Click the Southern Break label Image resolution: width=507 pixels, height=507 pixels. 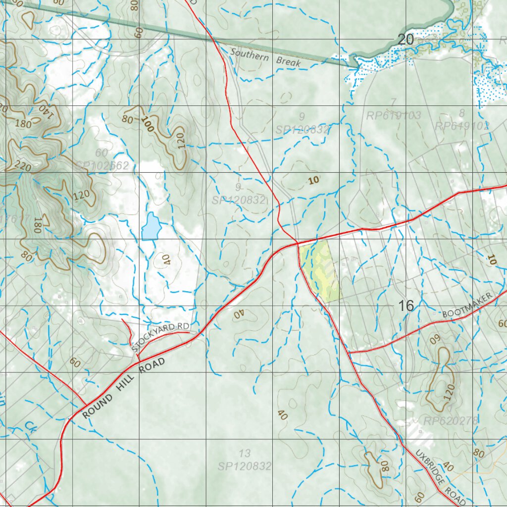pyautogui.click(x=265, y=58)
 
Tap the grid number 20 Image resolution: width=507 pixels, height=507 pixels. pyautogui.click(x=406, y=40)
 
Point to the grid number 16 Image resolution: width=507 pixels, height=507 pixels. pyautogui.click(x=406, y=306)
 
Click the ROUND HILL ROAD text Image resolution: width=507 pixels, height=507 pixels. pyautogui.click(x=123, y=388)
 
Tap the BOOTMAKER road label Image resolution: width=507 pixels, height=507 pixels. pyautogui.click(x=468, y=306)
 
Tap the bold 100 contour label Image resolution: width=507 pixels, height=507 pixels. pyautogui.click(x=147, y=124)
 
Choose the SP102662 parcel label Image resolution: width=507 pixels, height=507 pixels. pyautogui.click(x=102, y=165)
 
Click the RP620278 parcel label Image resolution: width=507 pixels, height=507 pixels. pyautogui.click(x=451, y=421)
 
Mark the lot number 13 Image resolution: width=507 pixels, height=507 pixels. pyautogui.click(x=245, y=454)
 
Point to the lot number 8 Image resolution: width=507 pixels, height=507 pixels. pyautogui.click(x=462, y=113)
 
